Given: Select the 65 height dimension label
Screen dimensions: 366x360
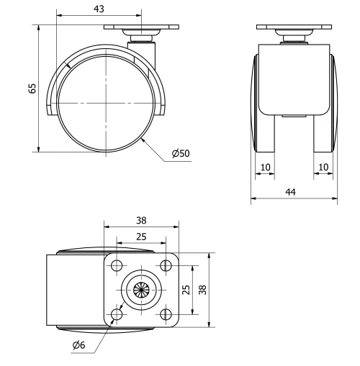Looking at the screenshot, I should [32, 88].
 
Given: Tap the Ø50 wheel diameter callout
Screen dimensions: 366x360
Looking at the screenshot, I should [181, 154].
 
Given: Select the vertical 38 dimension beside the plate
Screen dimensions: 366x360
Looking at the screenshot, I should [203, 289].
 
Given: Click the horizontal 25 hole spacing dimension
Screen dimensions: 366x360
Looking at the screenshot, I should [142, 236].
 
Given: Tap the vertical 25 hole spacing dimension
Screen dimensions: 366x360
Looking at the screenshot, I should [186, 289].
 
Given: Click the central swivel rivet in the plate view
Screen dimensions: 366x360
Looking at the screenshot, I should [142, 289].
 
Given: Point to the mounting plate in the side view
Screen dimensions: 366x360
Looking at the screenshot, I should [141, 28].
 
